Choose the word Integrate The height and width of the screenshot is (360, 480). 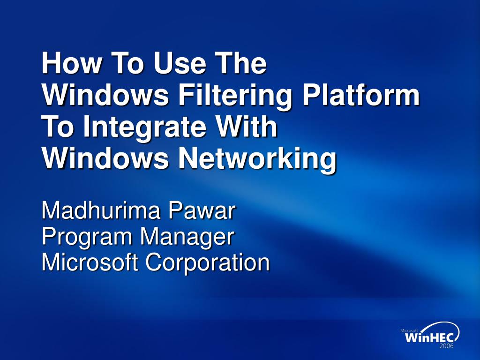(145, 128)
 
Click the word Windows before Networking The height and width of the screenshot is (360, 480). (105, 159)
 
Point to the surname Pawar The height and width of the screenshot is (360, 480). (202, 210)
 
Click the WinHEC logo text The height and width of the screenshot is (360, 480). (432, 337)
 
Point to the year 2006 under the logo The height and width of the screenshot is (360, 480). (446, 346)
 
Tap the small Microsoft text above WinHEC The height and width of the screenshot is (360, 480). (409, 330)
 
